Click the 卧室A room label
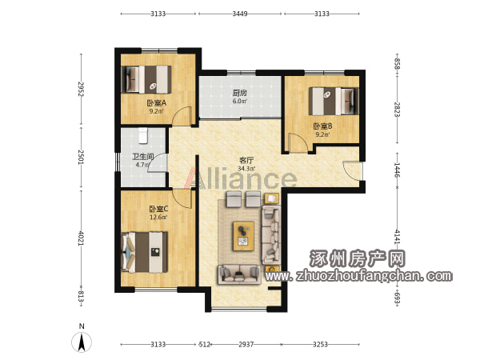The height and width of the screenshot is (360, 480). (157, 103)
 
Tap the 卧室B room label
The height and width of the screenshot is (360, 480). (322, 126)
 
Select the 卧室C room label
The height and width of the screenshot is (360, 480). (158, 209)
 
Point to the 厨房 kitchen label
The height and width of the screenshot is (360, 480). (240, 93)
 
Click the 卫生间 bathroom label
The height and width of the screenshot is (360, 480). (143, 157)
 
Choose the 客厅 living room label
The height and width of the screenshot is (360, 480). (246, 160)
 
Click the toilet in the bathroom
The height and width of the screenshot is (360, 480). (143, 136)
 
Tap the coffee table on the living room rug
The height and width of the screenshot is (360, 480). (244, 236)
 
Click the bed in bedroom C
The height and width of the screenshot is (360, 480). (145, 252)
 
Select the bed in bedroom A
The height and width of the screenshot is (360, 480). (146, 79)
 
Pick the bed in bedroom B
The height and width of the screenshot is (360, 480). (334, 102)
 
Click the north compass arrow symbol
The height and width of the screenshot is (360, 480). (82, 342)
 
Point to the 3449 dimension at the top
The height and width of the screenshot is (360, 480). (240, 14)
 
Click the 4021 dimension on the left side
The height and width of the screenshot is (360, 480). (81, 238)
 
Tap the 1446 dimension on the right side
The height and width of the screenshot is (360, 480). (397, 170)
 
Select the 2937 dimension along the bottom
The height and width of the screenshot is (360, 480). (246, 344)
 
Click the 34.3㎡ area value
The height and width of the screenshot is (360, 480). (246, 168)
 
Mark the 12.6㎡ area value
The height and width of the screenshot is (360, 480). (158, 218)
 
